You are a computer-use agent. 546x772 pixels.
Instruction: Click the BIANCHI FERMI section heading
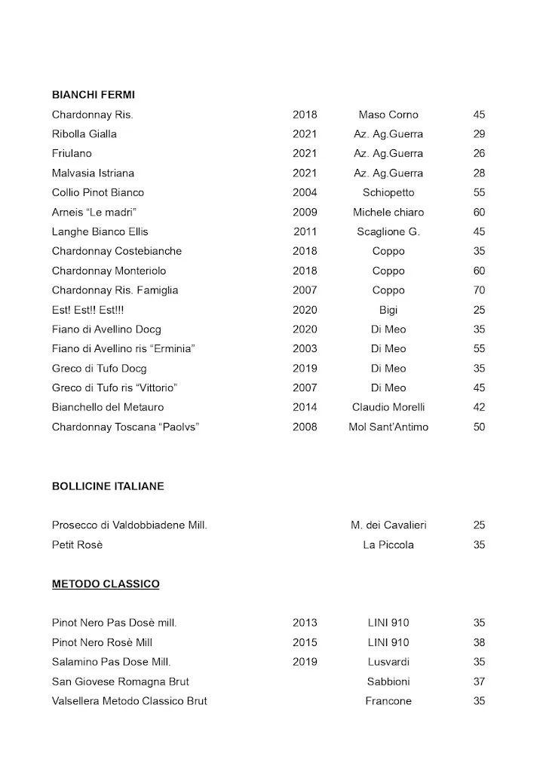(x=93, y=95)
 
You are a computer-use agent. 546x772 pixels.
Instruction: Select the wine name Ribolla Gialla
(x=84, y=134)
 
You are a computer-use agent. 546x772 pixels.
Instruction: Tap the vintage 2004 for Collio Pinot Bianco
(x=305, y=193)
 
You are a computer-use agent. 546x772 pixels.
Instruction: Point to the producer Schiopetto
(x=388, y=193)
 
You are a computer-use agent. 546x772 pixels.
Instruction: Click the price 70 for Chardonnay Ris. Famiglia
(x=479, y=290)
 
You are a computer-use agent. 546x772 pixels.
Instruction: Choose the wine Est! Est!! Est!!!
(x=85, y=310)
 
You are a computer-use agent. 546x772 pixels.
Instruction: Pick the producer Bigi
(x=388, y=310)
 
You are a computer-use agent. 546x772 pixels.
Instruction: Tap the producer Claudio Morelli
(x=388, y=407)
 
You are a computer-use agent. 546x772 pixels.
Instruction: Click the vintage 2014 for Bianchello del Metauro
(x=305, y=407)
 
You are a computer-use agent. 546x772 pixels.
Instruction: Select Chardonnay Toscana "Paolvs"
(x=125, y=427)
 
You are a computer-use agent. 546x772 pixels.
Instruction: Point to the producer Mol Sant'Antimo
(x=388, y=427)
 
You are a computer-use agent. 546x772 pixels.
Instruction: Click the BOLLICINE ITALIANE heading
(x=108, y=486)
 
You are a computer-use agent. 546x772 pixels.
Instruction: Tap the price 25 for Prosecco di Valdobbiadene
(x=479, y=525)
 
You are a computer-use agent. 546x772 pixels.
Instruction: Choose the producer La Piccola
(x=388, y=545)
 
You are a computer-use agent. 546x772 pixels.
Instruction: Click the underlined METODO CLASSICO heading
(x=106, y=584)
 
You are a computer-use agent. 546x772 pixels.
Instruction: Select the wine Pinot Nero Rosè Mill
(x=102, y=642)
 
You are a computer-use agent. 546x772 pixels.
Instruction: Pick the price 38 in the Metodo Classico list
(x=479, y=642)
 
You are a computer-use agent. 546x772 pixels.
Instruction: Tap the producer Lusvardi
(x=388, y=662)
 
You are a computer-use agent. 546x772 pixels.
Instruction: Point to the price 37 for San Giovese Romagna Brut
(x=479, y=682)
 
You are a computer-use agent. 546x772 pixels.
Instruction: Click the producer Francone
(x=388, y=701)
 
